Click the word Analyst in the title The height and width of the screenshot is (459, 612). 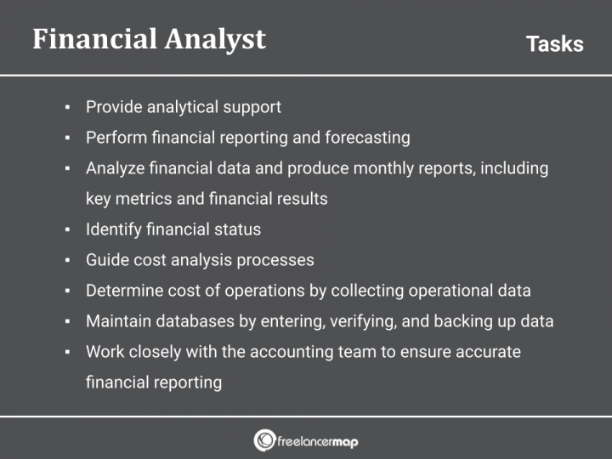coord(212,39)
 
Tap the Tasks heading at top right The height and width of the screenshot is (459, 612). coord(554,44)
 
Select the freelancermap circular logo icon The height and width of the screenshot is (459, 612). coord(264,440)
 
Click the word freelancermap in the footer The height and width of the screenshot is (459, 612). coord(318,440)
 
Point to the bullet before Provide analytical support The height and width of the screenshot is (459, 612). coord(67,108)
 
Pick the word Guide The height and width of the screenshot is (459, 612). coord(106,260)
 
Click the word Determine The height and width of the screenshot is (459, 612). coord(123,291)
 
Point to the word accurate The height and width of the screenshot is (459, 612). coord(485,352)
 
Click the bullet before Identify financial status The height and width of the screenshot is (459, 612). coord(67,230)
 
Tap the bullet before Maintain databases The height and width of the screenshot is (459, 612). coord(67,322)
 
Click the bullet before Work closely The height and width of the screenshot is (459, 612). coord(67,353)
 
